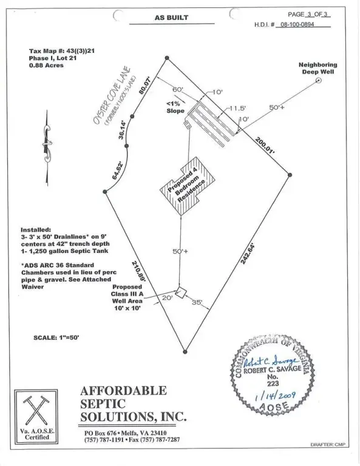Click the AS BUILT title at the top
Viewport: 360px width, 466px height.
pyautogui.click(x=171, y=18)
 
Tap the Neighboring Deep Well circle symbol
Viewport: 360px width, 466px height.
pyautogui.click(x=318, y=80)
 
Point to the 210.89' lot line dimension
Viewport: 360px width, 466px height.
pyautogui.click(x=138, y=271)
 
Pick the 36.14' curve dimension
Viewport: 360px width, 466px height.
pyautogui.click(x=123, y=129)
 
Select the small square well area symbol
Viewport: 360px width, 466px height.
pyautogui.click(x=181, y=292)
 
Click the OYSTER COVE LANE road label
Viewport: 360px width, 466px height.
pyautogui.click(x=112, y=96)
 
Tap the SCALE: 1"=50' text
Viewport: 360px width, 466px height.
pyautogui.click(x=56, y=337)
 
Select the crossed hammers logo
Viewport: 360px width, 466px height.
pyautogui.click(x=36, y=410)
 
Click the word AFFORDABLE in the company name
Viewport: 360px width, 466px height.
pyautogui.click(x=123, y=391)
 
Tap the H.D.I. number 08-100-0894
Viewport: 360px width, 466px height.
pyautogui.click(x=297, y=24)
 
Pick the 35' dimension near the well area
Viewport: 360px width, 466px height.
pyautogui.click(x=197, y=302)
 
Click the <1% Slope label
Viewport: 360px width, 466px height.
pyautogui.click(x=175, y=107)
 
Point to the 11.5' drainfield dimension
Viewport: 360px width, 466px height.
pyautogui.click(x=237, y=109)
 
